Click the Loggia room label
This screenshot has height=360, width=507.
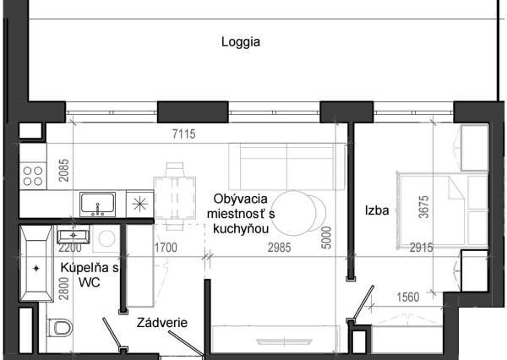241,41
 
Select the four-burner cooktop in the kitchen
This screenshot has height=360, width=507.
33,176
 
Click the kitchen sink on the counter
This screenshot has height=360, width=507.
98,204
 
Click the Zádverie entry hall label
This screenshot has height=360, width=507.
162,322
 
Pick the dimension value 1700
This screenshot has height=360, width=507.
166,248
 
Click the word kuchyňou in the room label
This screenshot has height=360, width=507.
242,229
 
